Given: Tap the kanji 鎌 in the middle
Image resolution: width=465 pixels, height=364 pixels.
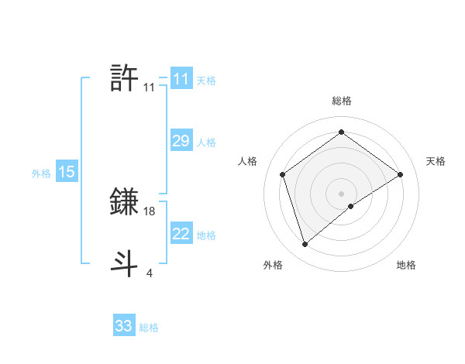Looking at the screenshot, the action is point(125,202).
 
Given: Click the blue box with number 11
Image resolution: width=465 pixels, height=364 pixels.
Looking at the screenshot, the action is point(181,79).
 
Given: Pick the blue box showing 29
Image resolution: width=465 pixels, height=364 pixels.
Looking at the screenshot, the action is point(181,141).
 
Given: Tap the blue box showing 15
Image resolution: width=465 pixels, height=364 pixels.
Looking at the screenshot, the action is point(67,172).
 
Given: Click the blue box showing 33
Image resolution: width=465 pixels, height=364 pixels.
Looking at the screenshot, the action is point(124,325).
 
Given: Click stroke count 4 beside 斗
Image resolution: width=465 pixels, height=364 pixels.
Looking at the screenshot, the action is point(150,273).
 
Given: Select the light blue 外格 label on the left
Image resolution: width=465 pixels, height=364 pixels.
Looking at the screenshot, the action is point(41,173).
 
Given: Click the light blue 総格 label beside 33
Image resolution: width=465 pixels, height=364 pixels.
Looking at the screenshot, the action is point(149,328).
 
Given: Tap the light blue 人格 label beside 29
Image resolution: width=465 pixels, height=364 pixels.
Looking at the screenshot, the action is point(206,143).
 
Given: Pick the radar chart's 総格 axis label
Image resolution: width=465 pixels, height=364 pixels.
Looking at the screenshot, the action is point(341,101).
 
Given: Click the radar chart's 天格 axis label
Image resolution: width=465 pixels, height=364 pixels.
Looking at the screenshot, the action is point(436,161).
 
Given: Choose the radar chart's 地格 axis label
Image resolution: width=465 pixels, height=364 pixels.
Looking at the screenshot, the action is point(406,266).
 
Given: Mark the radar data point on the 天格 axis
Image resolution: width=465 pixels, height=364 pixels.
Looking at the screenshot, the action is point(400,174).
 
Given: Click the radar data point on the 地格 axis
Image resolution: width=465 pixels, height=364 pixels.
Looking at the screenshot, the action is point(351,206).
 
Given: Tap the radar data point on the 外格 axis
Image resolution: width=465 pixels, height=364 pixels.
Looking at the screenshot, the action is point(305,245).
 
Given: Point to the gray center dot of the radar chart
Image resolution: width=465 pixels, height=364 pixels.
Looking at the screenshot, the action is point(341,193).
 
